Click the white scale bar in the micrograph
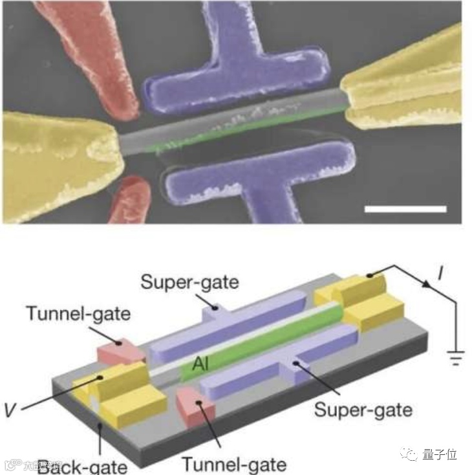(x=405, y=209)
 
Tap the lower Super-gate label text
(x=363, y=409)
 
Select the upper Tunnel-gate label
(x=78, y=314)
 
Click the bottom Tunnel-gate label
(x=233, y=463)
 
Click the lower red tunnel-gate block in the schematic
(x=193, y=408)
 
